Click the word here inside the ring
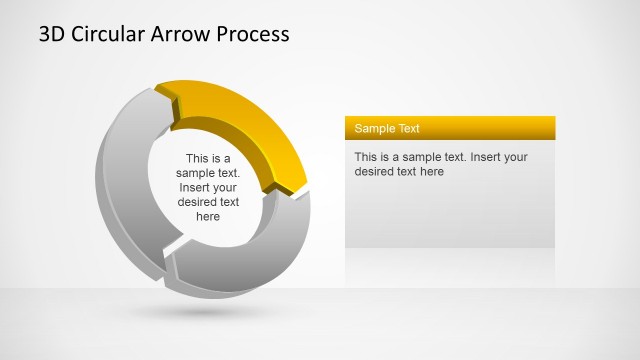click(208, 216)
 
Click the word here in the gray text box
click(430, 172)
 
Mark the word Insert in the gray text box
click(486, 157)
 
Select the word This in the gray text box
click(366, 157)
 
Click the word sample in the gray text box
click(420, 157)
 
